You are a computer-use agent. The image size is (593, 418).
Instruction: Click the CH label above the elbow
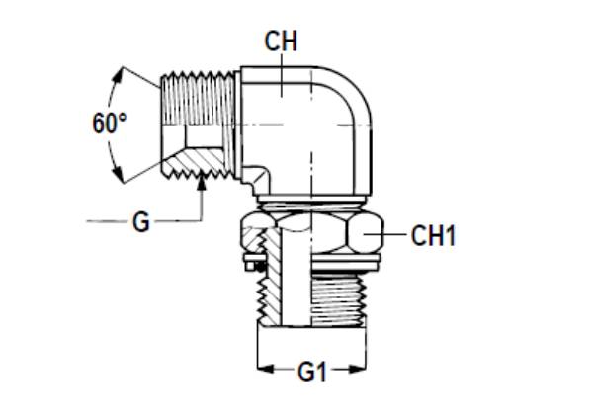281,42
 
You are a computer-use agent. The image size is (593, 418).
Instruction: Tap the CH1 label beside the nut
434,236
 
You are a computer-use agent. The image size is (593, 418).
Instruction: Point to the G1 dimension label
312,373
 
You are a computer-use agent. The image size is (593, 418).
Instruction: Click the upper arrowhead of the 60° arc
123,70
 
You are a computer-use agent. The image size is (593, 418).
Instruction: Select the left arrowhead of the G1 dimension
262,372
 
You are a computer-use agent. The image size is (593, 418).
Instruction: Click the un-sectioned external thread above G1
336,296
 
